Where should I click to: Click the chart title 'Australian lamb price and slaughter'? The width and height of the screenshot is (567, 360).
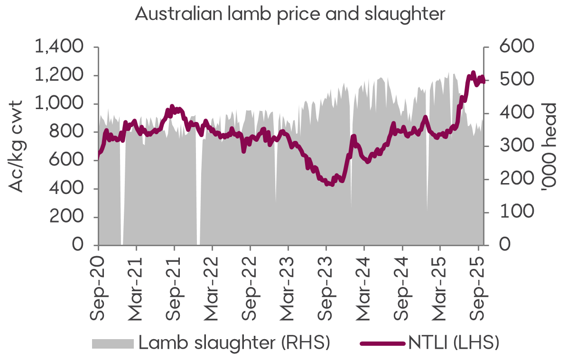290,13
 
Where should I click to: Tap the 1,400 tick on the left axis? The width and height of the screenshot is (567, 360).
59,47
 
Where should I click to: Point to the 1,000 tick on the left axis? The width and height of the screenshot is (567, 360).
59,104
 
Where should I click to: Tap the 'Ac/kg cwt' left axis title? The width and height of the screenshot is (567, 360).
17,146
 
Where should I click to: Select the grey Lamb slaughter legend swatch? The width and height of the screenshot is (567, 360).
113,343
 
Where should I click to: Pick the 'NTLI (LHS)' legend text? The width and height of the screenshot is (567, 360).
454,343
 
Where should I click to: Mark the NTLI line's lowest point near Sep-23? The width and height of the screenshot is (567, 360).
330,184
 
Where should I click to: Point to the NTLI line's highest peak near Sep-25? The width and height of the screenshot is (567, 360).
473,73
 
